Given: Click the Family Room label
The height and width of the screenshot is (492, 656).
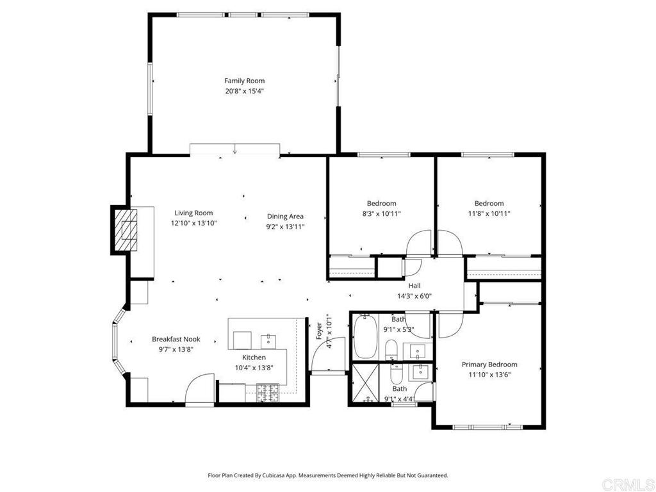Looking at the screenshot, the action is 244,81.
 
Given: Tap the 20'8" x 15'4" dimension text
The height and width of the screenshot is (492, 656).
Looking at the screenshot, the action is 245,91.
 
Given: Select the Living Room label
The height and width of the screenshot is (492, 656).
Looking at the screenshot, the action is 193,213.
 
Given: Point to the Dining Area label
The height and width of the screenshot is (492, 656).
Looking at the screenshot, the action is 285,217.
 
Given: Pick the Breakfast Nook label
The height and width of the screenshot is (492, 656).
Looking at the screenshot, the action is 176,340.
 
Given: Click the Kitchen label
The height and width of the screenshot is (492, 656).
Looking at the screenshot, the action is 254,357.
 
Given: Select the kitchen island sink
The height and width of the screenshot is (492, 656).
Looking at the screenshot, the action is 268,341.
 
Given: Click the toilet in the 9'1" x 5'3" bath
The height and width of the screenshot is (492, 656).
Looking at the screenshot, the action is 391,349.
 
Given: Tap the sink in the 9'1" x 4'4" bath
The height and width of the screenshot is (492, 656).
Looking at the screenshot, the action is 417,372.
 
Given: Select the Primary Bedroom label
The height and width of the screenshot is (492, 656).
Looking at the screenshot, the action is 489,365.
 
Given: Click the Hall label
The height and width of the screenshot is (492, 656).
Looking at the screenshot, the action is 414,286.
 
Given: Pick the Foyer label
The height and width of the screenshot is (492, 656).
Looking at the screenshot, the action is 319,331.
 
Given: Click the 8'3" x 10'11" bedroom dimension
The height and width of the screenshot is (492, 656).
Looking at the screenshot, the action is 381,213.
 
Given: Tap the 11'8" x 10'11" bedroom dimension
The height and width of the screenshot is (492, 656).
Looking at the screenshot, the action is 489,213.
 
